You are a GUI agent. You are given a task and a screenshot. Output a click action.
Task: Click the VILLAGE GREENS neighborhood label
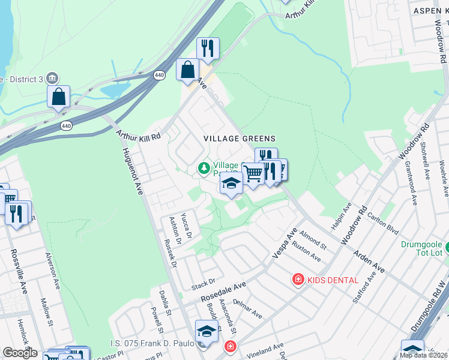coord(239,139)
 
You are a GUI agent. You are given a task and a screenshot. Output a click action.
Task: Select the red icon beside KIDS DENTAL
coord(297,279)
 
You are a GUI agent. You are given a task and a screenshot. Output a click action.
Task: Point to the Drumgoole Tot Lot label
coord(422,249)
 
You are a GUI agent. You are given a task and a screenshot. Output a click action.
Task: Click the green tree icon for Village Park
coord(204,167)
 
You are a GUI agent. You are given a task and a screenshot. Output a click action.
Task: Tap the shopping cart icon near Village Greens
coord(253,173)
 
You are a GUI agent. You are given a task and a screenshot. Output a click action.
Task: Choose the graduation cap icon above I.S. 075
coord(206,331)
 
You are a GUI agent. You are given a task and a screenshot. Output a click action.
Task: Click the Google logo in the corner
coord(20,353)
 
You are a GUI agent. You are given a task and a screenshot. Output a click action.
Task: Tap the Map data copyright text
coord(423,355)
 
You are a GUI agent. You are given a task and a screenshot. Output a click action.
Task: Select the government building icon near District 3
coord(52,79)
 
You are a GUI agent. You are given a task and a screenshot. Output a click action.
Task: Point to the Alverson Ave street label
coord(53,269)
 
